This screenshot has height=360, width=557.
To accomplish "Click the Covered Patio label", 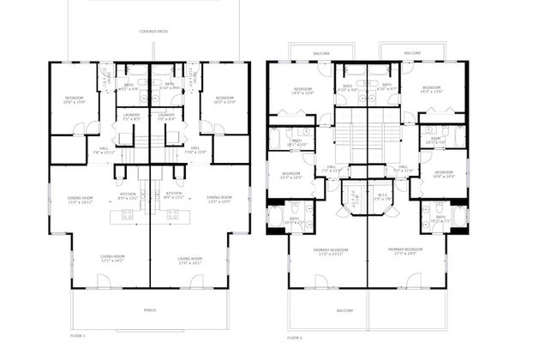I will pyautogui.click(x=152, y=33).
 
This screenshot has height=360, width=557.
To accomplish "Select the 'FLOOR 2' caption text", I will pyautogui.click(x=296, y=339).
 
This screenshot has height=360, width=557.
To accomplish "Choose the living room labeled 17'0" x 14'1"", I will pyautogui.click(x=189, y=260).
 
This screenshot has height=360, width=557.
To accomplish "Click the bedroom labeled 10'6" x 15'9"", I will pyautogui.click(x=74, y=100).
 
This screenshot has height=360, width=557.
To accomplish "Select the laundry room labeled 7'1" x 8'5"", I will pyautogui.click(x=131, y=117).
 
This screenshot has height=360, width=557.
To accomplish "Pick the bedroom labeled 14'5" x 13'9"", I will pyautogui.click(x=303, y=91).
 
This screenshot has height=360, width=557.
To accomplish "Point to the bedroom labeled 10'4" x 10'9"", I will pyautogui.click(x=443, y=176).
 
